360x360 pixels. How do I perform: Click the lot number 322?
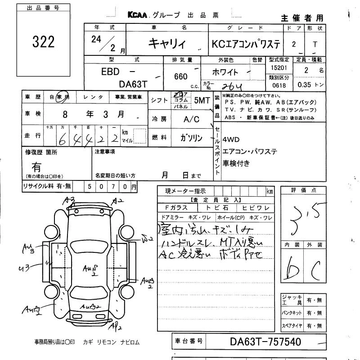[44, 42]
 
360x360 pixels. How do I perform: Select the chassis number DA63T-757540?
[263, 342]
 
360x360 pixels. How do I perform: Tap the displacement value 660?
[180, 76]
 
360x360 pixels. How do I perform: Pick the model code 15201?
[279, 67]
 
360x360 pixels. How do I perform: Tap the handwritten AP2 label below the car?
[115, 326]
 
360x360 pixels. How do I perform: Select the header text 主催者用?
[302, 18]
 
